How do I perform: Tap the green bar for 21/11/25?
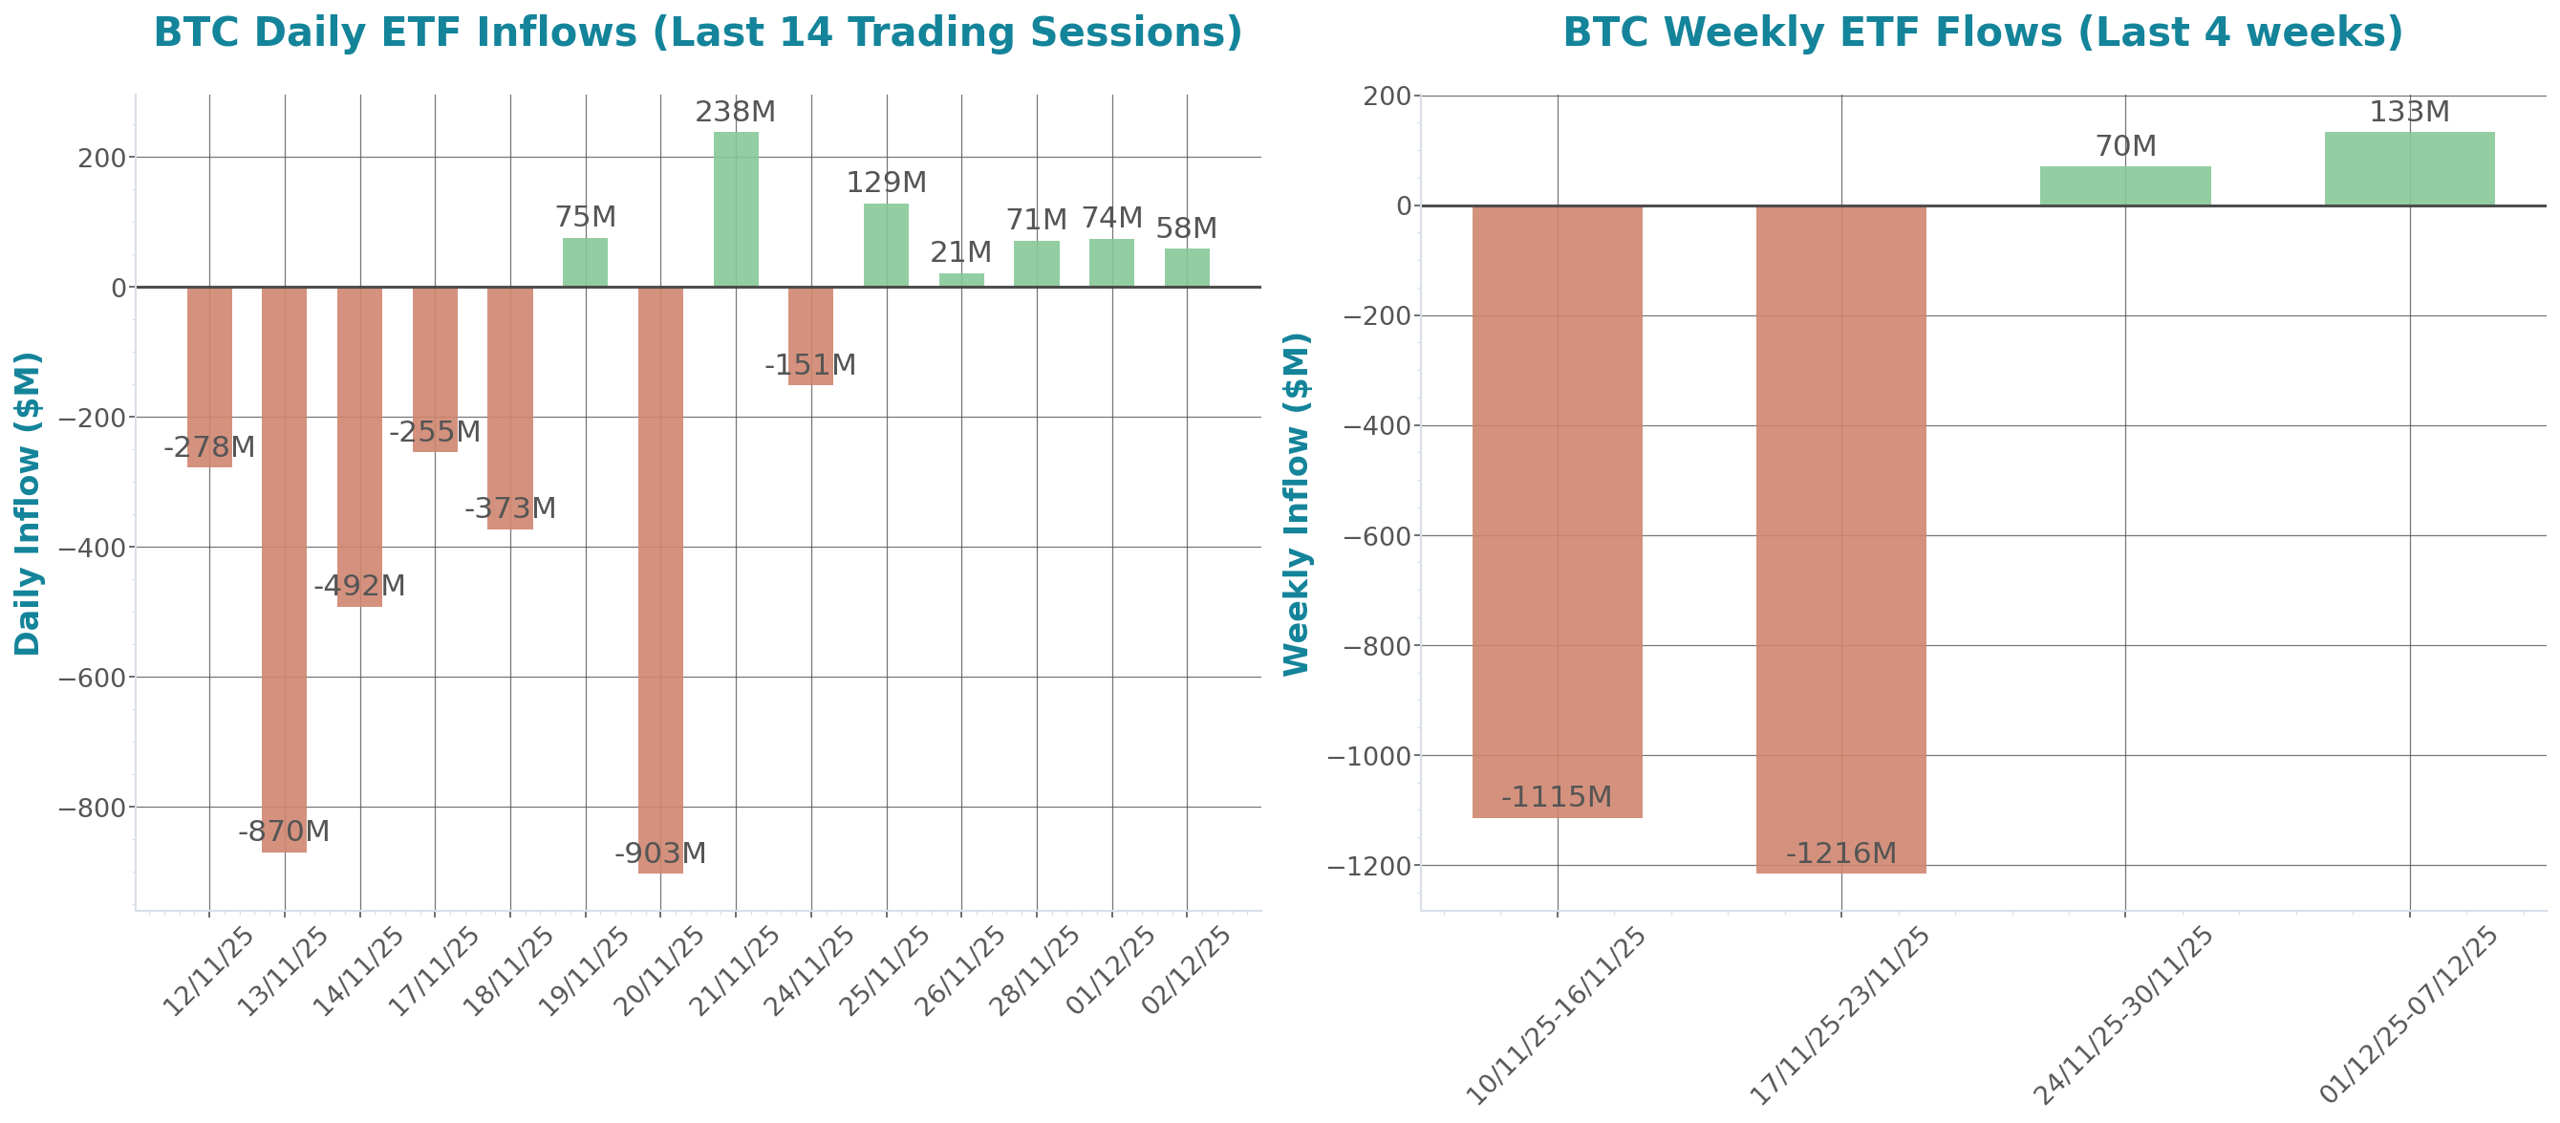(x=736, y=209)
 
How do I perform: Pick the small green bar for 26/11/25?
(x=961, y=280)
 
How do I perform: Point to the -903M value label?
(x=660, y=853)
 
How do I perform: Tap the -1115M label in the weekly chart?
(x=1557, y=797)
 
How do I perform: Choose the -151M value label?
(x=810, y=365)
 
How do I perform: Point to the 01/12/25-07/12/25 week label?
(x=2409, y=1014)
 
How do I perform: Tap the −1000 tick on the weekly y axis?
(x=1370, y=756)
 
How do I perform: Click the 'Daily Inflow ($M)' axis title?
(x=28, y=503)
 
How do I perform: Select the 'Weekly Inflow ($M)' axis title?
(x=1296, y=503)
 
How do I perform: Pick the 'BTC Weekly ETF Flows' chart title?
(x=1983, y=32)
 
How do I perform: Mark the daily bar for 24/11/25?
(x=811, y=335)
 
